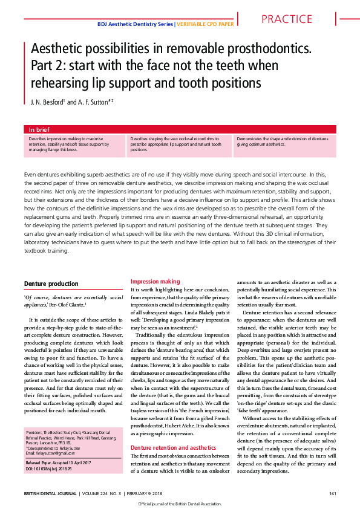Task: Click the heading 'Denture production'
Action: (50, 284)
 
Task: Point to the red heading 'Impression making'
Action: (155, 281)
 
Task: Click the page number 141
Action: (332, 494)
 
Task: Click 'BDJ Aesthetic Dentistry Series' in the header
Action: (135, 24)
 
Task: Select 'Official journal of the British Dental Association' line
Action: (180, 504)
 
